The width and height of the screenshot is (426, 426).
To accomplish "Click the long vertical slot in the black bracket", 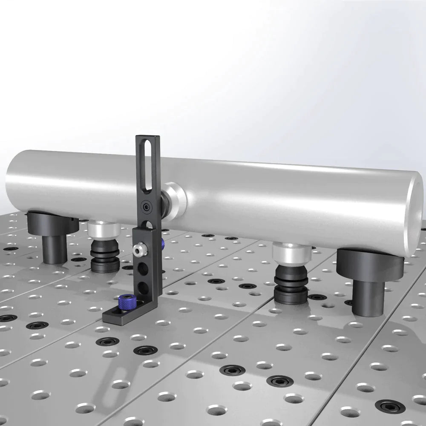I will pos(147,168).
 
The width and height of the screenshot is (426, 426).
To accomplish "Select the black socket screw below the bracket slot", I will pos(147,207).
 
